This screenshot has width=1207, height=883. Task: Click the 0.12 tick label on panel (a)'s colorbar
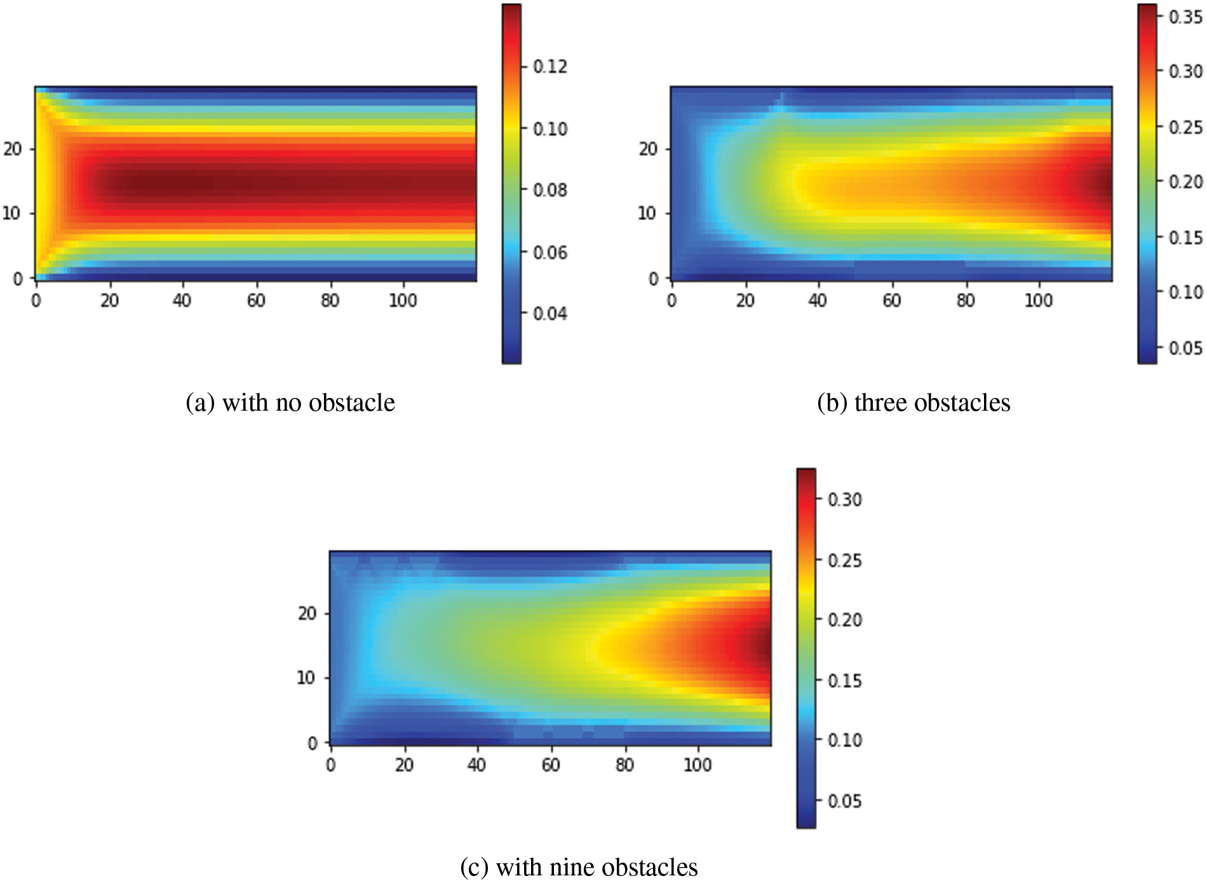[550, 67]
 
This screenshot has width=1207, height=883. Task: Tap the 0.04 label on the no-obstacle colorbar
[550, 314]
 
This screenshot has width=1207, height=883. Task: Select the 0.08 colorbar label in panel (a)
[550, 190]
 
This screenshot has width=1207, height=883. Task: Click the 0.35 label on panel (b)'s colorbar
[1185, 17]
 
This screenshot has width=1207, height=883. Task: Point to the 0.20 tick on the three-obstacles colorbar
[1185, 182]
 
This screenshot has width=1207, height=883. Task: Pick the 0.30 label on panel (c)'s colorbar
[845, 500]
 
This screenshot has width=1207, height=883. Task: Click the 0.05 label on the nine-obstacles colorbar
[845, 801]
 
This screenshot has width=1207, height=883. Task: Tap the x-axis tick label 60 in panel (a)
[256, 300]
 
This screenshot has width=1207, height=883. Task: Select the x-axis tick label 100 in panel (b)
[1038, 300]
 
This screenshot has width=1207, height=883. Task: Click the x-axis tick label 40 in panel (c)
[476, 765]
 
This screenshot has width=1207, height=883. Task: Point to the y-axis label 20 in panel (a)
[13, 149]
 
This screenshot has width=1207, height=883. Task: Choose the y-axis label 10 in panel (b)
[647, 214]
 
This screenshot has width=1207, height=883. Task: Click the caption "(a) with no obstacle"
[290, 403]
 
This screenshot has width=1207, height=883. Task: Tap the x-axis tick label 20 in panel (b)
[745, 300]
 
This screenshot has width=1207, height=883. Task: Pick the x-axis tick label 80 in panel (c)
[624, 765]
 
